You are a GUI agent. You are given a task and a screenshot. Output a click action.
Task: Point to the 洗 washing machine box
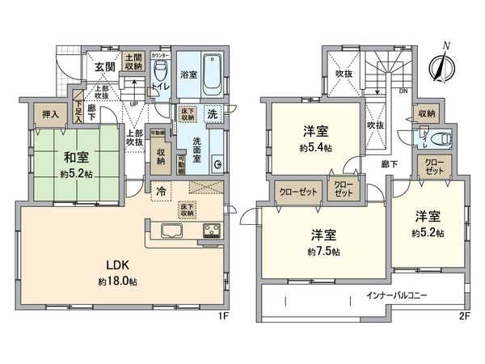211,114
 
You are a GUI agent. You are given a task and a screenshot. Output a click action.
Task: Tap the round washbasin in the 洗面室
217,164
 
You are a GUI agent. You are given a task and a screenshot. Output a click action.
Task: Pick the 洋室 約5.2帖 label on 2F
428,223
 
